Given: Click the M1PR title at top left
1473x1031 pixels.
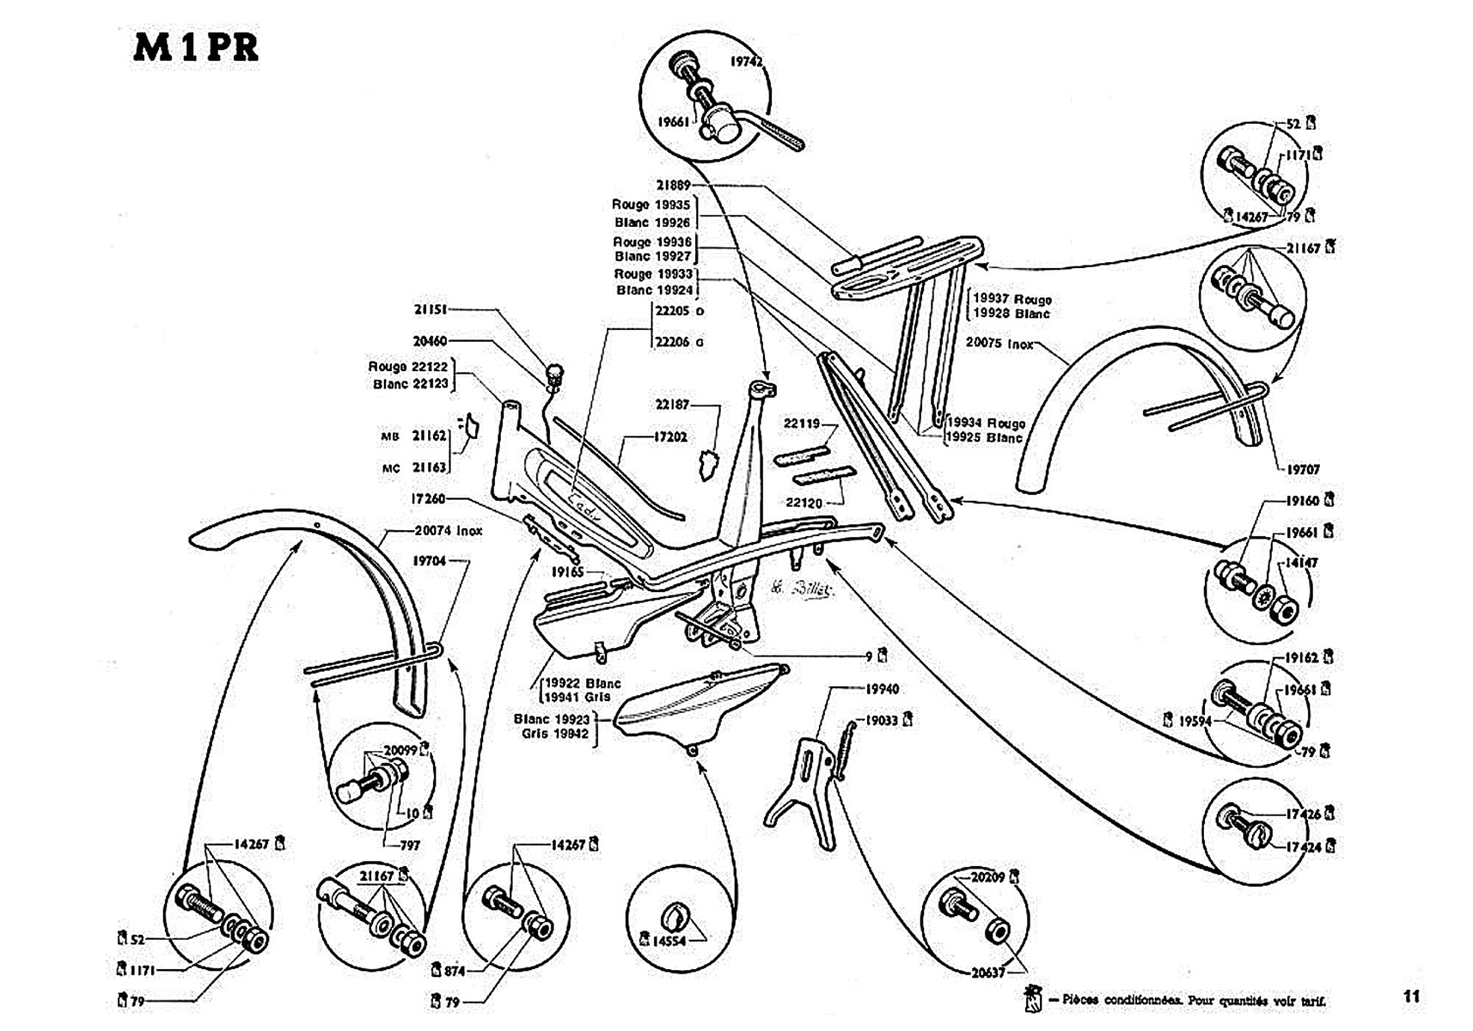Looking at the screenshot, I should pos(196,48).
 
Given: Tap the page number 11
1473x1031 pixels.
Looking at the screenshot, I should pos(1411,997).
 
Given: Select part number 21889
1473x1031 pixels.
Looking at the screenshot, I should pos(674,185).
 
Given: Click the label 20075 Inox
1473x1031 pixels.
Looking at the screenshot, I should pos(999,342).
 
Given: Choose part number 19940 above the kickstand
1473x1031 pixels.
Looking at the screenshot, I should pos(881,689).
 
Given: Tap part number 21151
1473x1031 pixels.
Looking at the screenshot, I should pos(430,309).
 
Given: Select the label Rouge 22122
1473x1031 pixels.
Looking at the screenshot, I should pos(408,367).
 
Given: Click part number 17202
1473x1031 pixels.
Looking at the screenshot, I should pos(670,437).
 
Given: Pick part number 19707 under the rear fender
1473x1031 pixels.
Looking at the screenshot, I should pos(1302,469).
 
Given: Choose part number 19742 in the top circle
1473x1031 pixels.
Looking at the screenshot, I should pos(748,62).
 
